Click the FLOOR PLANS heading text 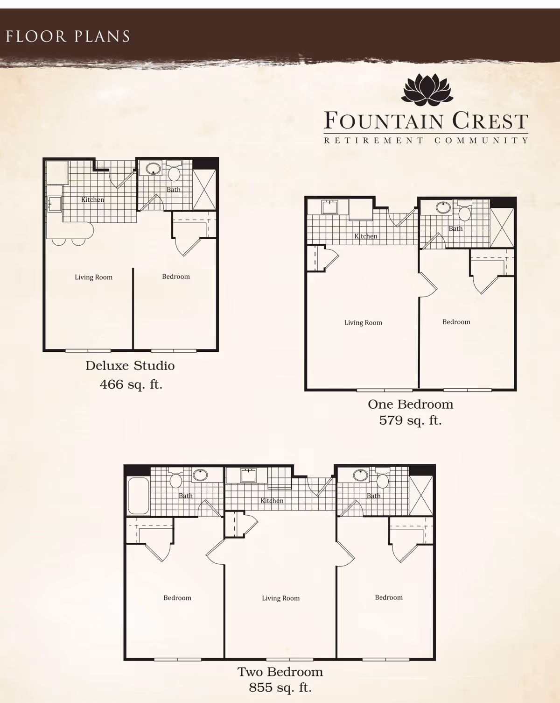point(68,36)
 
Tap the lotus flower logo point(427,89)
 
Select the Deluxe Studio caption point(130,366)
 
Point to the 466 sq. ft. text point(131,384)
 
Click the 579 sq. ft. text point(410,420)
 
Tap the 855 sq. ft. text point(280,688)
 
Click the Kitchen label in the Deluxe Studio point(93,199)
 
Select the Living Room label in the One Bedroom point(363,323)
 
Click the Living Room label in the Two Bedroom point(280,598)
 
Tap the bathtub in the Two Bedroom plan point(138,496)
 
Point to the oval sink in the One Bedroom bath point(443,207)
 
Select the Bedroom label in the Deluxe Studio point(176,277)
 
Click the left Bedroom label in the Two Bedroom point(177,598)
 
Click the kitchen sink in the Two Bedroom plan point(248,476)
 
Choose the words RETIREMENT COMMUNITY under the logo point(427,140)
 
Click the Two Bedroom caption point(280,672)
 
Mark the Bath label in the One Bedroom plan point(455,228)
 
